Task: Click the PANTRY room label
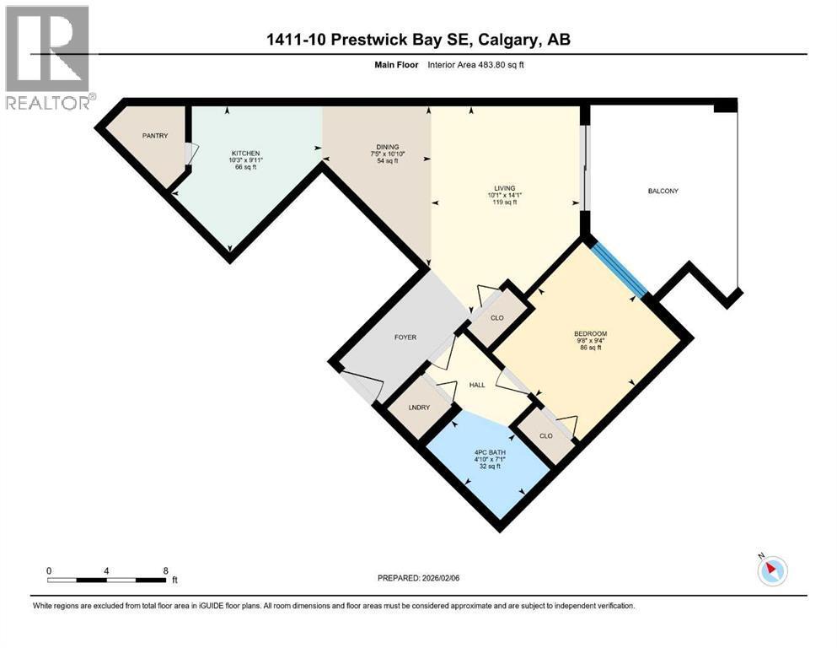click(x=155, y=136)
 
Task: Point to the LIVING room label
click(x=505, y=188)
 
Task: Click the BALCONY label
click(x=663, y=191)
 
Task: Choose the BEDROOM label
click(x=590, y=333)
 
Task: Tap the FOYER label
click(x=405, y=337)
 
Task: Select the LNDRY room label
click(x=419, y=408)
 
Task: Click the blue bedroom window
click(x=619, y=269)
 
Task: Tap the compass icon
click(x=772, y=570)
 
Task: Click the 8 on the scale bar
click(x=165, y=570)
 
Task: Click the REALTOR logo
click(x=48, y=57)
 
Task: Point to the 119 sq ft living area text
click(x=505, y=203)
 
